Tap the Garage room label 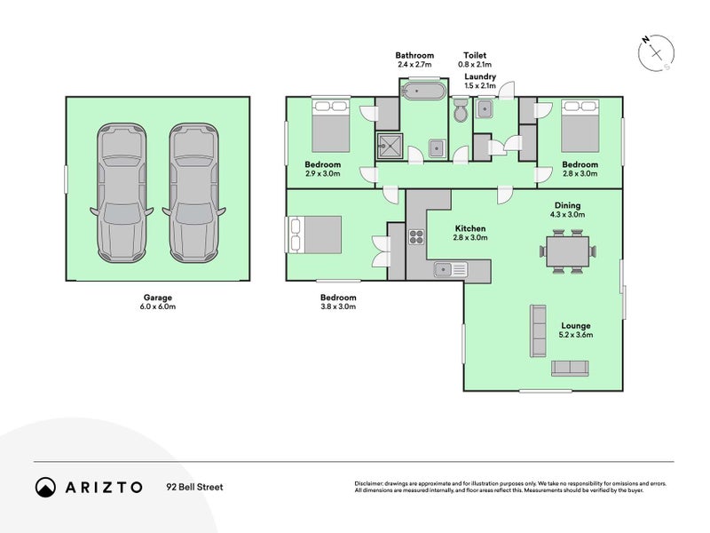click(x=157, y=298)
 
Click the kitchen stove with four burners click(x=417, y=236)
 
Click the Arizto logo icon click(x=46, y=487)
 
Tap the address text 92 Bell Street click(x=194, y=487)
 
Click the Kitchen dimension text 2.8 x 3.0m click(x=470, y=237)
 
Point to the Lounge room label click(x=575, y=325)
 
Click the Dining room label click(x=568, y=203)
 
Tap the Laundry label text click(x=480, y=77)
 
